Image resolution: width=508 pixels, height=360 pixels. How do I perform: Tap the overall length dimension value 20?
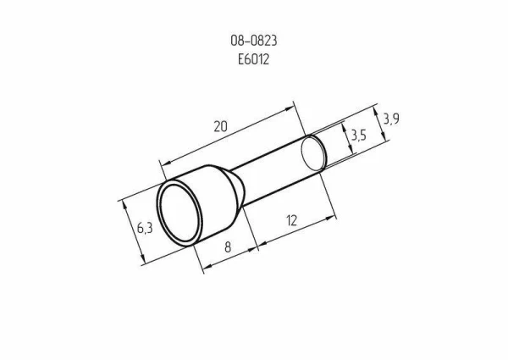coord(220,126)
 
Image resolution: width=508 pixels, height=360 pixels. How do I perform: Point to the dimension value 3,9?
coord(390,120)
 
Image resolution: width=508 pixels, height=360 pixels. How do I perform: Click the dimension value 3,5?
coord(357,136)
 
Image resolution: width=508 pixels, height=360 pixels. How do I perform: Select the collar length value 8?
coord(228,249)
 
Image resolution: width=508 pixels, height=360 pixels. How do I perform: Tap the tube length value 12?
coord(291,221)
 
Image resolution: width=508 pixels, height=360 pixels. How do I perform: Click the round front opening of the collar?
coord(179,215)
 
